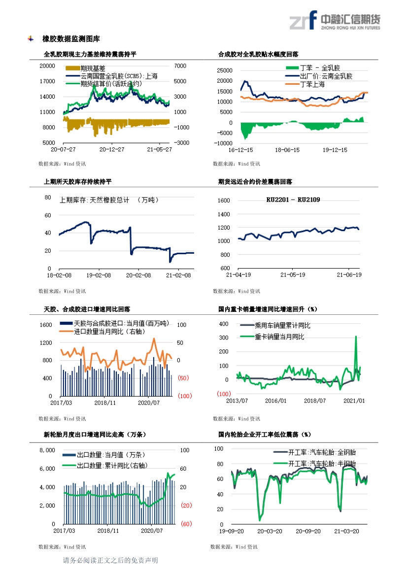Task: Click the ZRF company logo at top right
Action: tap(335, 20)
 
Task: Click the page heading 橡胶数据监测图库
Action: tap(71, 39)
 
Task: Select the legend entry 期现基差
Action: tap(93, 68)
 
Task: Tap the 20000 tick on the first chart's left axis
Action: tap(47, 66)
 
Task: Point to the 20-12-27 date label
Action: tap(112, 149)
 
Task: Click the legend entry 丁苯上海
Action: tap(312, 84)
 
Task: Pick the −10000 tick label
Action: tap(223, 143)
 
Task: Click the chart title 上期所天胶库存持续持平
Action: tap(77, 182)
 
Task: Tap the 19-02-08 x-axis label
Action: tap(99, 275)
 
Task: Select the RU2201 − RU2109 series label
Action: tap(293, 200)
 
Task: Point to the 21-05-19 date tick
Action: tap(293, 275)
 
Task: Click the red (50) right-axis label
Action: tap(183, 378)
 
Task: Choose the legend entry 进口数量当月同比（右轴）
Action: tap(109, 332)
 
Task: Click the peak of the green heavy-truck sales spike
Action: tap(356, 336)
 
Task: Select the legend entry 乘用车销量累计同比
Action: tap(282, 326)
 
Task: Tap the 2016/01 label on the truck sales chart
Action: tap(275, 401)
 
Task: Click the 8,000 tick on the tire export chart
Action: tap(47, 450)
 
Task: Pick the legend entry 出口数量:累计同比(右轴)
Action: tap(112, 466)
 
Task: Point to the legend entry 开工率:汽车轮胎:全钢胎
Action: tap(322, 452)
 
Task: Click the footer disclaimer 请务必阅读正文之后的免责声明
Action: tap(110, 561)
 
